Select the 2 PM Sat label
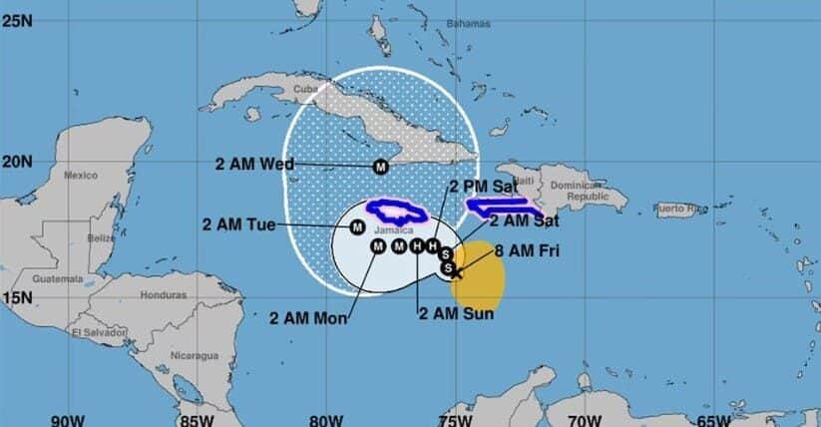click(x=482, y=186)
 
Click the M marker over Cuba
click(x=380, y=167)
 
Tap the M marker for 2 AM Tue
click(x=357, y=227)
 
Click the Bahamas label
click(x=469, y=22)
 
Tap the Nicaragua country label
click(x=195, y=355)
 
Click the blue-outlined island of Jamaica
click(x=397, y=212)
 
